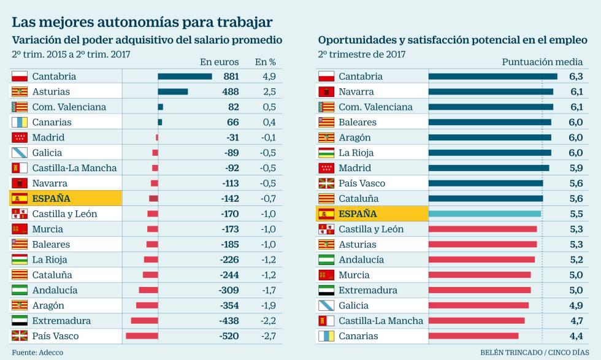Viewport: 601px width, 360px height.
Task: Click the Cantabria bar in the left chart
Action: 185,77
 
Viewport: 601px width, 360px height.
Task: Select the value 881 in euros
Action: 231,77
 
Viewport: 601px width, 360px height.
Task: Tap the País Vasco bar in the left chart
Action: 142,336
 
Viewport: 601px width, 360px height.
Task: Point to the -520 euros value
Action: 229,336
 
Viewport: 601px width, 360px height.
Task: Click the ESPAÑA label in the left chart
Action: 51,198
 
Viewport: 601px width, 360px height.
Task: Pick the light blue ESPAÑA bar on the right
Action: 484,213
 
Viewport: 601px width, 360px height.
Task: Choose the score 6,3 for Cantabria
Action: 575,77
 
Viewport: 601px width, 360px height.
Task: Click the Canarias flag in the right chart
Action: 326,336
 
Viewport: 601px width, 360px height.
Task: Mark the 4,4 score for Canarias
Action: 575,336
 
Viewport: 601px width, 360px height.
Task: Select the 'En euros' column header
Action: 219,61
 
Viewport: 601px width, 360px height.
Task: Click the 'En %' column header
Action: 266,61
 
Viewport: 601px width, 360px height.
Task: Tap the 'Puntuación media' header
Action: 542,61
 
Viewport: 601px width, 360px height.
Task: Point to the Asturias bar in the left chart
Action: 173,91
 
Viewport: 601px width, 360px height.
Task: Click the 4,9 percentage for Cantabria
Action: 269,77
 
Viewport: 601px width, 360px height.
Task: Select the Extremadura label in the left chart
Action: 61,321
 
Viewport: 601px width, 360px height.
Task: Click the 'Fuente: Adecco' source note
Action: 37,353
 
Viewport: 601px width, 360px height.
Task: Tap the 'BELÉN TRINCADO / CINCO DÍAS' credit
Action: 530,353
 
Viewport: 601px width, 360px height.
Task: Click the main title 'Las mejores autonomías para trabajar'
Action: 142,22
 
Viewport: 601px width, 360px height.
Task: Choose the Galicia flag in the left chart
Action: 20,153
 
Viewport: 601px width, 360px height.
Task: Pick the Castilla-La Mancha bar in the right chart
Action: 477,321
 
